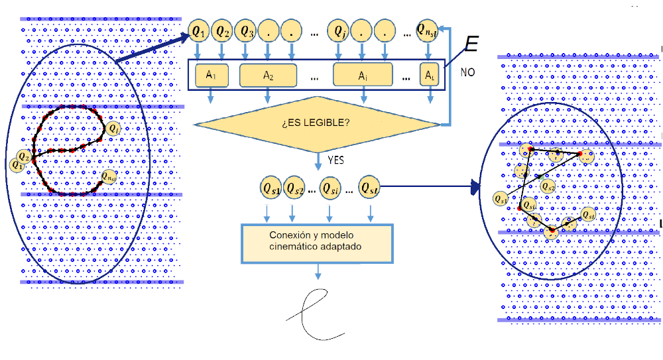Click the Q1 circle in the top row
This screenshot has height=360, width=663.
click(x=198, y=30)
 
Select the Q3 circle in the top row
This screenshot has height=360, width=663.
click(x=247, y=30)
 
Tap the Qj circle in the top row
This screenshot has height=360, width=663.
click(x=340, y=30)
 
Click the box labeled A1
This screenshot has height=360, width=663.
click(x=211, y=76)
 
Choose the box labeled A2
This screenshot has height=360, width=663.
click(x=269, y=76)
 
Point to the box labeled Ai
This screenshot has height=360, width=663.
click(x=363, y=76)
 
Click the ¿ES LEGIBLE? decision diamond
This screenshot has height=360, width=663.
click(x=318, y=123)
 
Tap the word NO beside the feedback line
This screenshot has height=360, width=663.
click(x=469, y=71)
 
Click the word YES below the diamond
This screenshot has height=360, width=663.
click(x=336, y=160)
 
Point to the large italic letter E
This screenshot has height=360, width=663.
click(x=471, y=44)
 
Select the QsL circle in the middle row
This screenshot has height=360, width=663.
click(x=370, y=188)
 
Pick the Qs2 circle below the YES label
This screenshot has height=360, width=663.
click(x=296, y=188)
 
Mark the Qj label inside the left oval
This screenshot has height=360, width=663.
click(x=113, y=128)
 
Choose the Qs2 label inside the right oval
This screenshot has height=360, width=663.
click(x=548, y=187)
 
